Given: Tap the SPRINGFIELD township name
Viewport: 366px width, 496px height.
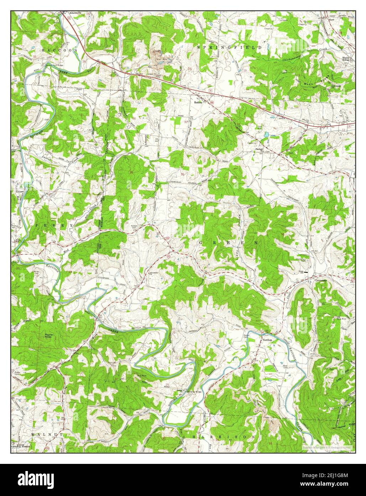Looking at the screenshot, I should (230, 47).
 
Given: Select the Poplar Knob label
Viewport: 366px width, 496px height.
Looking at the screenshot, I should (49, 336).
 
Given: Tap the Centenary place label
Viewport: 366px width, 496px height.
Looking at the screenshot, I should (321, 281).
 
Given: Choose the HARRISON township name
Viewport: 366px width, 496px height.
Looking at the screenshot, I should (224, 437).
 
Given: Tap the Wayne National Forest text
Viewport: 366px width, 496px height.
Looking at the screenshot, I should (20, 445).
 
